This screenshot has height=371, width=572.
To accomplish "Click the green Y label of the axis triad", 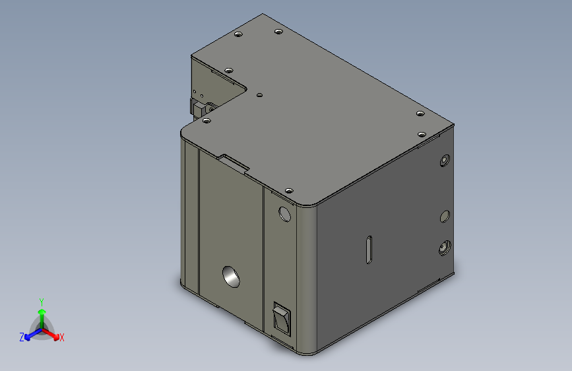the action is click(x=42, y=302).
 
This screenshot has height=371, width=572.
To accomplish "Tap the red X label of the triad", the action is click(x=61, y=337).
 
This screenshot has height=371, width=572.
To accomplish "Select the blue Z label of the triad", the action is click(x=22, y=337).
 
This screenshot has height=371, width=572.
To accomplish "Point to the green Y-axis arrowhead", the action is click(x=42, y=312).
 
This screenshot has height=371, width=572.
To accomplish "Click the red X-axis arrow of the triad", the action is click(x=50, y=334).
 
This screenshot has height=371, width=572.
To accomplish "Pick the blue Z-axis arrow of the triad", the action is click(x=33, y=334).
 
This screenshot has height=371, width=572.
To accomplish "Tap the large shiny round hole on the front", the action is click(x=231, y=277).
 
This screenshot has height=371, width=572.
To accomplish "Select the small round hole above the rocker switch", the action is click(x=284, y=215).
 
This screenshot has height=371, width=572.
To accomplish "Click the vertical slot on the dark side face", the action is click(x=369, y=250).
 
